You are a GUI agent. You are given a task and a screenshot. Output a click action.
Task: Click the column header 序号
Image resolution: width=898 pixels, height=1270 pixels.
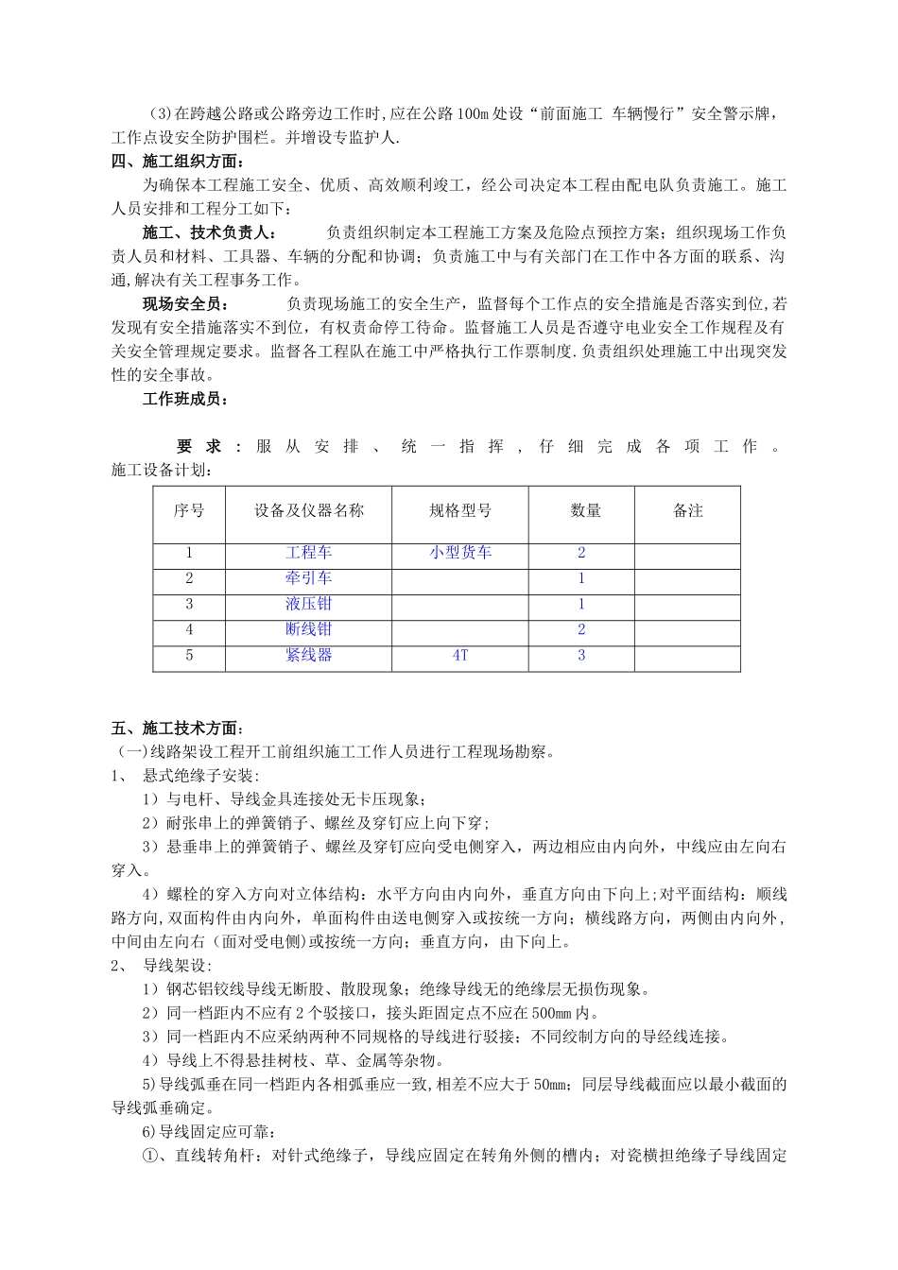[189, 510]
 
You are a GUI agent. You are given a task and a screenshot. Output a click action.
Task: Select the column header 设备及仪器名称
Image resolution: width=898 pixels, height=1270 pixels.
[308, 510]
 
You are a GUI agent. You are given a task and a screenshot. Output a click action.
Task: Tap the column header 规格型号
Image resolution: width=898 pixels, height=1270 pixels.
[460, 510]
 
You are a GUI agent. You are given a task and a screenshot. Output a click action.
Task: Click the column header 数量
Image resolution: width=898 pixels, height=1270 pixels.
[585, 510]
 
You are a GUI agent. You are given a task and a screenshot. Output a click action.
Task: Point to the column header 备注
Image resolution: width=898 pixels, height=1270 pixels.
[687, 510]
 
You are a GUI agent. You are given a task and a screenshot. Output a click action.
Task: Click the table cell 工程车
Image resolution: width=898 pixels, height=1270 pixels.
[308, 553]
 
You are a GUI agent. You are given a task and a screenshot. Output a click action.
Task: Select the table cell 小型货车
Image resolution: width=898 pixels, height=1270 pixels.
[460, 553]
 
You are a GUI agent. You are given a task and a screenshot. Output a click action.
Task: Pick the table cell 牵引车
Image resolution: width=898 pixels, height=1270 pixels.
[308, 578]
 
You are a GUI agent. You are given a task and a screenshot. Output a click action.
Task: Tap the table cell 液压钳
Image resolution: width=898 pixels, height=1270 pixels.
[308, 604]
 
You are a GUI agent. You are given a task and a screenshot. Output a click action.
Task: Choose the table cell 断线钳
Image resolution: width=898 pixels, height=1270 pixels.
[308, 629]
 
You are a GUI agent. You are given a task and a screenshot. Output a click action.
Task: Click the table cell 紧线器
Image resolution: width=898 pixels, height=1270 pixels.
[308, 655]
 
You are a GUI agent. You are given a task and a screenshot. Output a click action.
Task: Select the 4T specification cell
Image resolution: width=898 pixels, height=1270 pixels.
[460, 655]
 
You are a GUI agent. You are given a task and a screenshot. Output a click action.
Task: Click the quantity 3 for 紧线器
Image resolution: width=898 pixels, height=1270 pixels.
[581, 655]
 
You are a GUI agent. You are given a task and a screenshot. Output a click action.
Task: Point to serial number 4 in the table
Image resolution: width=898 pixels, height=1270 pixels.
[189, 629]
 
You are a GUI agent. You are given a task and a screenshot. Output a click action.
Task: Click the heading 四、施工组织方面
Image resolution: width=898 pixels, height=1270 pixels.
[181, 161]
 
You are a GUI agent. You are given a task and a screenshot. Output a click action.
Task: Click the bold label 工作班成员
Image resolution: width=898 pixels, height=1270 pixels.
[184, 399]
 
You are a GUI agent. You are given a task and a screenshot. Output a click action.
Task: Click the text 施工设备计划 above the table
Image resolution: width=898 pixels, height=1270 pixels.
[162, 470]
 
